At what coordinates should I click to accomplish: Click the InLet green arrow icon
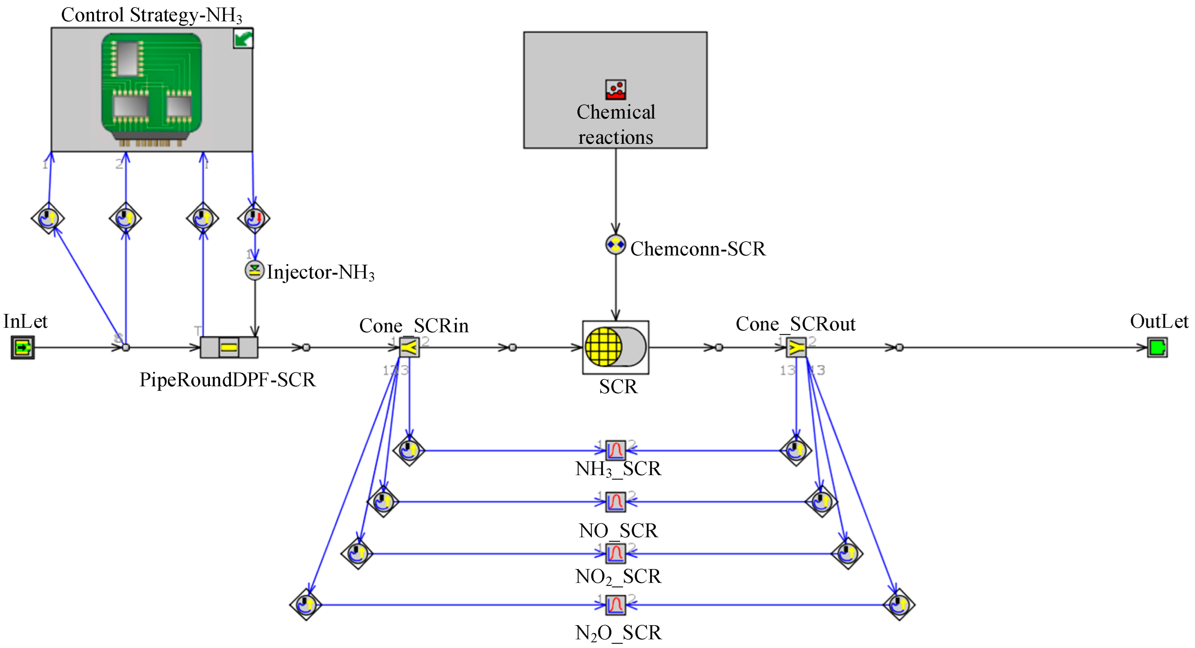[x=22, y=347]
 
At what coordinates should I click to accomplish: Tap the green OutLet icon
[x=1157, y=347]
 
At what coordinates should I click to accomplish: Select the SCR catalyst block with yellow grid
[x=615, y=347]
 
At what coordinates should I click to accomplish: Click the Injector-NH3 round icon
[x=254, y=271]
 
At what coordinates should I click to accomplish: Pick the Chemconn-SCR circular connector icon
[x=615, y=244]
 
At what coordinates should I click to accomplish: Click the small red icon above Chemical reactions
[x=615, y=90]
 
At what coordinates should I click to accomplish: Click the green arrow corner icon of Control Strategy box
[x=242, y=39]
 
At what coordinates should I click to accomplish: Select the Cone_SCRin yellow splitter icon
[x=409, y=347]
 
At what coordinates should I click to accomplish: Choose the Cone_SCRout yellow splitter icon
[x=796, y=347]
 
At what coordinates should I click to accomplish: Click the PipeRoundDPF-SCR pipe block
[x=229, y=347]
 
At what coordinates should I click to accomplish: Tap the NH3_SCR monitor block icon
[x=615, y=450]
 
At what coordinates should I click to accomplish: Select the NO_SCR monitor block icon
[x=615, y=501]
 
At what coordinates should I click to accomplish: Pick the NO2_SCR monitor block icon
[x=615, y=553]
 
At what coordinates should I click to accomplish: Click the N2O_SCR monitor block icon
[x=615, y=604]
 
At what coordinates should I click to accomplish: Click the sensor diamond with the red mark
[x=253, y=218]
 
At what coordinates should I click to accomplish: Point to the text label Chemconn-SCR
[x=697, y=249]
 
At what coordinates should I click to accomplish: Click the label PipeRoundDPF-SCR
[x=227, y=380]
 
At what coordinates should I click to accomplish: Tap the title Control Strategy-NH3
[x=151, y=15]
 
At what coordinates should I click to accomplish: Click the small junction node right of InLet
[x=126, y=347]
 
